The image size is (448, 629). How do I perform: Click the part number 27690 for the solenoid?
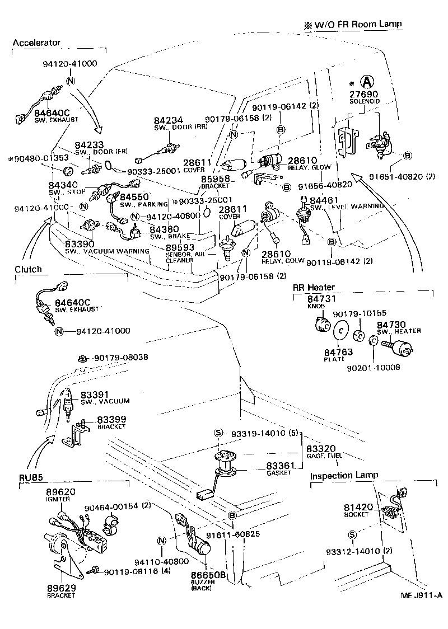(365, 95)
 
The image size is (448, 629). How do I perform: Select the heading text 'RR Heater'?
(314, 287)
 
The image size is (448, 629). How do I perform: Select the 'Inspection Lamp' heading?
(344, 475)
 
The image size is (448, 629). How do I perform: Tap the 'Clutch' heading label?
(28, 269)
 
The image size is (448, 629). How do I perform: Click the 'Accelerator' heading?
(36, 43)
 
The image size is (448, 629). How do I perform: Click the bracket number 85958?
(214, 179)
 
